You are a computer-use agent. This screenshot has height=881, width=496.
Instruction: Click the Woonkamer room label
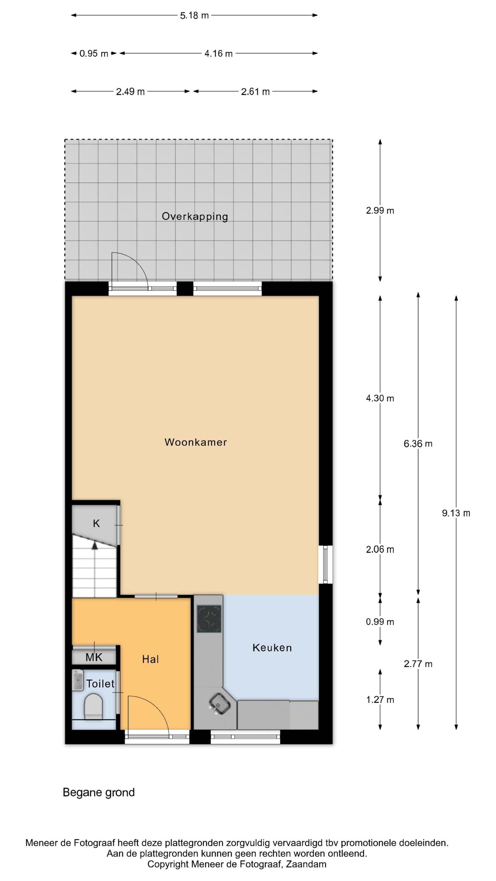pyautogui.click(x=195, y=442)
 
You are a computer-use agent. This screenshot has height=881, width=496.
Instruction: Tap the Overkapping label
pyautogui.click(x=195, y=216)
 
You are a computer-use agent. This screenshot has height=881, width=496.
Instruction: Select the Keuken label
pyautogui.click(x=272, y=648)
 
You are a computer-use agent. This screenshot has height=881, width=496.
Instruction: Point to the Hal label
pyautogui.click(x=151, y=659)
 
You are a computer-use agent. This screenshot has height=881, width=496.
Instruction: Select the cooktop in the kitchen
pyautogui.click(x=209, y=619)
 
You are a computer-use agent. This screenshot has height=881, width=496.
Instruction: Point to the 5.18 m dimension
pyautogui.click(x=195, y=15)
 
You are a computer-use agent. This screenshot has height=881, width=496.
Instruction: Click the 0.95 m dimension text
pyautogui.click(x=94, y=53)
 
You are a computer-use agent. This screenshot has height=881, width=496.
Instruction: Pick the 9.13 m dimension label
pyautogui.click(x=456, y=513)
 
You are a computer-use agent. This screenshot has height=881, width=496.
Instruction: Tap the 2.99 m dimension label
pyautogui.click(x=380, y=211)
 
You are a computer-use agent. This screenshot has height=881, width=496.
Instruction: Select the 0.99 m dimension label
pyautogui.click(x=380, y=622)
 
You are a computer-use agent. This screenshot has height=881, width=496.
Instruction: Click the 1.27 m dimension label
pyautogui.click(x=380, y=700)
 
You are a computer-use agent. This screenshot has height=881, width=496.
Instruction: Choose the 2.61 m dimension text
pyautogui.click(x=255, y=92)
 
